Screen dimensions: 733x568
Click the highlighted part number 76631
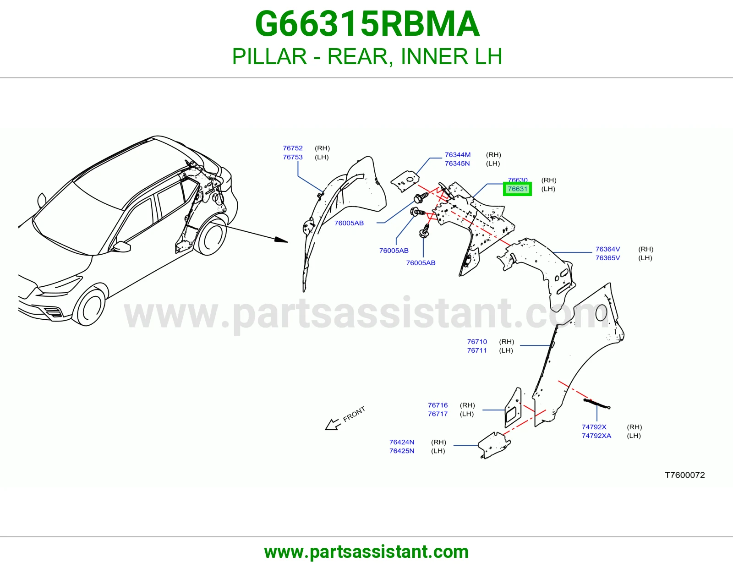tap(517, 189)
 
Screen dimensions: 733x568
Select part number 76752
tap(292, 148)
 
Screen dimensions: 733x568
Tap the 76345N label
tap(457, 164)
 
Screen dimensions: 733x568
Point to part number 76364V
tap(607, 249)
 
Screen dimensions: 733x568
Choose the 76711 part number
tap(476, 350)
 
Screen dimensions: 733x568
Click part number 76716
tap(438, 405)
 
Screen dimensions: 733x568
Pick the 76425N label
tap(402, 451)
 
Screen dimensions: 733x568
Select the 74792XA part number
tap(596, 436)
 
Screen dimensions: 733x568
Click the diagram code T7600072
tap(685, 475)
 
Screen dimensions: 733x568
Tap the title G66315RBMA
tap(367, 24)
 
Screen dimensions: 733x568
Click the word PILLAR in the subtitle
tap(269, 56)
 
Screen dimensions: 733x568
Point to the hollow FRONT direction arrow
tap(333, 424)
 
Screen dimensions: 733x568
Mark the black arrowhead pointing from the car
tap(281, 240)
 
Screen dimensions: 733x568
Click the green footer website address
tap(366, 552)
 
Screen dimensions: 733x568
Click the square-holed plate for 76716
tap(513, 408)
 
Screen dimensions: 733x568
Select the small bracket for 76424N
tap(494, 444)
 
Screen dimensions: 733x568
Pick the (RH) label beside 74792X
tap(634, 427)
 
